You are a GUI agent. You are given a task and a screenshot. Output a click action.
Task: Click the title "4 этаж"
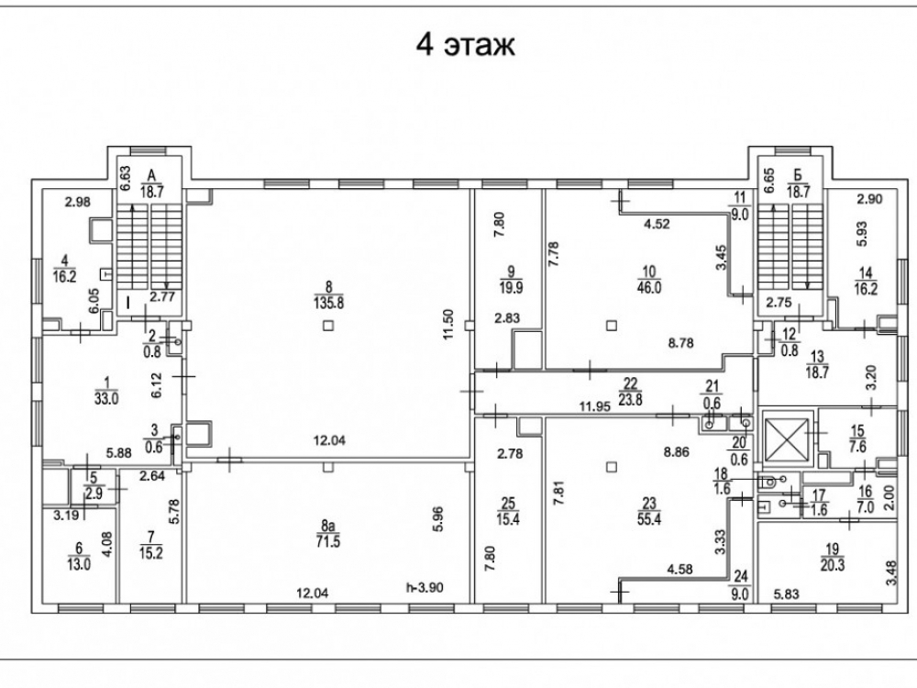click(465, 45)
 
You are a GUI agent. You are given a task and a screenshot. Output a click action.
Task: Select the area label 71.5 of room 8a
click(327, 539)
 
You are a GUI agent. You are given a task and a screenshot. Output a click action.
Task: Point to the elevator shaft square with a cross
click(786, 438)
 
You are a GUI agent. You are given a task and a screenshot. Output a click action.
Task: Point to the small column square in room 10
click(612, 323)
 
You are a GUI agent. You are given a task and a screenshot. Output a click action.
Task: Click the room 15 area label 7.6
click(857, 446)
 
